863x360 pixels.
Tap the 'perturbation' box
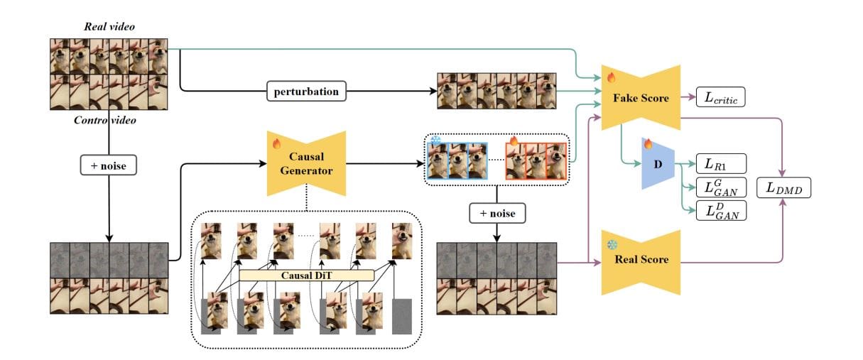306,92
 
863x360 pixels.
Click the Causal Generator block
305,163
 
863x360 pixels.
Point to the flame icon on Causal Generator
278,144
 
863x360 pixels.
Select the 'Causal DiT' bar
306,275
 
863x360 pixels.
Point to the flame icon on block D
647,143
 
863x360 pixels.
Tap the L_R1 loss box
721,163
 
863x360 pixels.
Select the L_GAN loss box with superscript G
721,187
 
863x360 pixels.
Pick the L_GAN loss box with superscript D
721,209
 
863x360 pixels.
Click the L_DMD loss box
783,189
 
